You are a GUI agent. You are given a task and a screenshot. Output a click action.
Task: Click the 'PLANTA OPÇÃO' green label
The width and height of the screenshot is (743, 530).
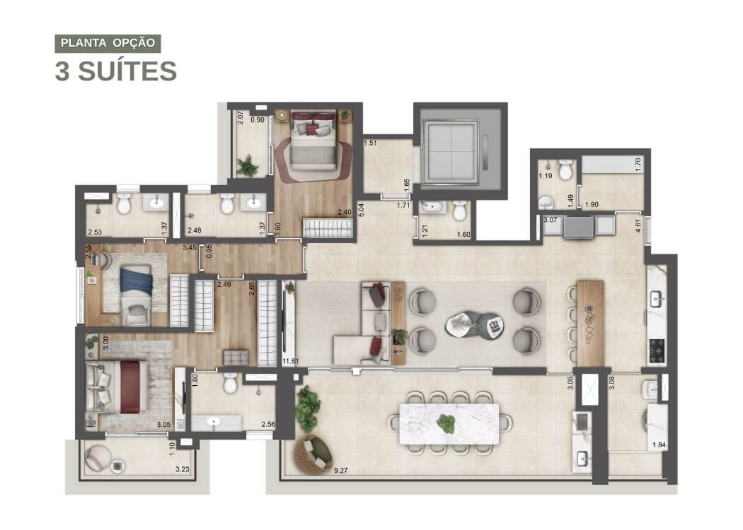coord(108,43)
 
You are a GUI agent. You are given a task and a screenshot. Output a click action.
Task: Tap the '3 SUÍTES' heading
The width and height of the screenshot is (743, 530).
coord(116,71)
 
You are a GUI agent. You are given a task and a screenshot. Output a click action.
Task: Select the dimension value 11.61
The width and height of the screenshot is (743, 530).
coord(290,361)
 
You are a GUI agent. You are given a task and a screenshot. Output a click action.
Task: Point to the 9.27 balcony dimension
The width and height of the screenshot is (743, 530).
coord(340,471)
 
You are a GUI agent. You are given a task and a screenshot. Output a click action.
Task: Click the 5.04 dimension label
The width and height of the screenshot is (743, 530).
coord(362,210)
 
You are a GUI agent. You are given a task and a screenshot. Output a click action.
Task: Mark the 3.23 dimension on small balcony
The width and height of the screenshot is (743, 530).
coord(183,469)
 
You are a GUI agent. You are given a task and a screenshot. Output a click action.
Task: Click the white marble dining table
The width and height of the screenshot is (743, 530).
coord(449,423)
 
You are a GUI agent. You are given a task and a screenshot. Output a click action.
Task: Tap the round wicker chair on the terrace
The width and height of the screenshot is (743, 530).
coord(313,454)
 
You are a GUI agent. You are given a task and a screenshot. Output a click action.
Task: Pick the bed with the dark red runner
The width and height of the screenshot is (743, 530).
coord(117,387)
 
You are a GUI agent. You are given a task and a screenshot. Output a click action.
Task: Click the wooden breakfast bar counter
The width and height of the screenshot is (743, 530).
coord(590,323)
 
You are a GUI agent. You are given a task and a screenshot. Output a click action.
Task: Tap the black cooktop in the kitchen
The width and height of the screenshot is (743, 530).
coord(657,351)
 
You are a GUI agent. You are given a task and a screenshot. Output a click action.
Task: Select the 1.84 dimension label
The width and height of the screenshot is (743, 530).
coord(659,444)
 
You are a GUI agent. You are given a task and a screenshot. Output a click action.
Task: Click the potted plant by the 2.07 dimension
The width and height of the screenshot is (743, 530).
coord(248,165)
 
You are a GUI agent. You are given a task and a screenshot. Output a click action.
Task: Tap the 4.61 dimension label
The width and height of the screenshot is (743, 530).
coord(638,225)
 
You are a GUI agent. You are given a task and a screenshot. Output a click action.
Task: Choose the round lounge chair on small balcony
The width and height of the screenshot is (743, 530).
coord(98,458)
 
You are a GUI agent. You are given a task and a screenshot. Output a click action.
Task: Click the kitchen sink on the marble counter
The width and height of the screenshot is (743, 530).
coord(656,299)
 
